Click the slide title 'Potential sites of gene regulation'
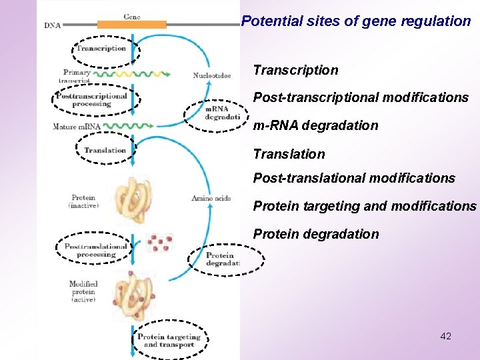coord(356,21)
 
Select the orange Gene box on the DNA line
coord(132,25)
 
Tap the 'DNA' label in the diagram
coord(53,26)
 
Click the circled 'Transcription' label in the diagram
coord(101,49)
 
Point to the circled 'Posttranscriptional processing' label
coord(92,100)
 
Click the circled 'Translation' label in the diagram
coord(105,151)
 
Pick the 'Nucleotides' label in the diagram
coord(212,76)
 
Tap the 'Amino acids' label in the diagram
coord(211,198)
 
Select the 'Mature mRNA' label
coord(77,126)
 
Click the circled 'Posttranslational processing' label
coord(96,250)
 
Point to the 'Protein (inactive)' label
coord(83,201)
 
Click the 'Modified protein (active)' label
coord(83,292)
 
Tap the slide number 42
coord(446,336)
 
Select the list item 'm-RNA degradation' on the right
coord(315,125)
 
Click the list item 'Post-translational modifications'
coord(354,178)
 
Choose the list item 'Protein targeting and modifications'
coord(365,206)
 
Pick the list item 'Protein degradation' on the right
coord(315,234)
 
